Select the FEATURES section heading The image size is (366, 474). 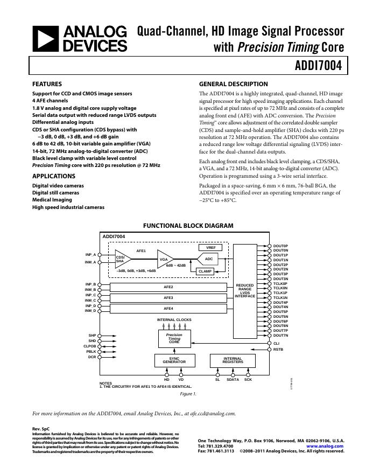click(x=47, y=84)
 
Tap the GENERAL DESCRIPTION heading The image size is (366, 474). click(x=233, y=84)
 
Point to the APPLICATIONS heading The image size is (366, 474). click(x=53, y=176)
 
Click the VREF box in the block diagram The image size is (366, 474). click(x=210, y=248)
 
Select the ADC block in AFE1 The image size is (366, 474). click(x=209, y=259)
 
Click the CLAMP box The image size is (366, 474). click(x=205, y=271)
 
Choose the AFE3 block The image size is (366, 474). click(x=168, y=297)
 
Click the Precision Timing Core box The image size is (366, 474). click(x=174, y=338)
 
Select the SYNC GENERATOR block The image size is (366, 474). click(x=174, y=360)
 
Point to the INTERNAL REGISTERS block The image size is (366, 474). click(x=233, y=360)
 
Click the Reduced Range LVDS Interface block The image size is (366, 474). click(x=245, y=291)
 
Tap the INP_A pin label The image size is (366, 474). click(x=90, y=254)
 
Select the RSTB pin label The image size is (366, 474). click(x=278, y=350)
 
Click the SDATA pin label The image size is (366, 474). click(x=233, y=380)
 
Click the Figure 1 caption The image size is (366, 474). click(x=188, y=394)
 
